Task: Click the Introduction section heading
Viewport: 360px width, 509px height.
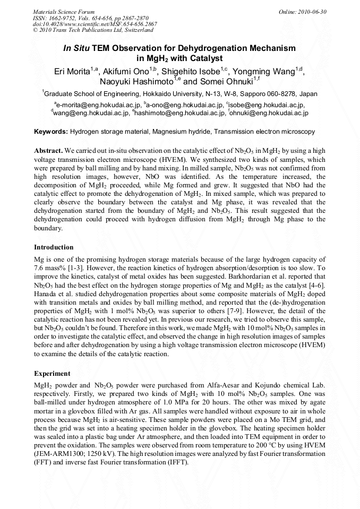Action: tap(54, 247)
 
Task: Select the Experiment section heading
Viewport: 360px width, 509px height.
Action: tap(53, 373)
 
